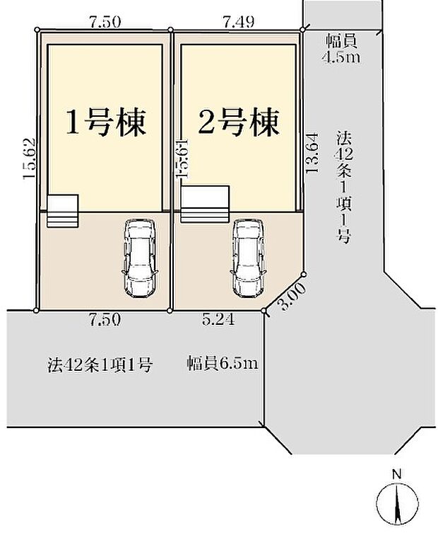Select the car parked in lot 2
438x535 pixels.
click(x=247, y=258)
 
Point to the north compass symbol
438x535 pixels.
click(x=397, y=505)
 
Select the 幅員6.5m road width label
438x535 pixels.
click(x=222, y=364)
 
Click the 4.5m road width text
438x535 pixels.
click(x=341, y=58)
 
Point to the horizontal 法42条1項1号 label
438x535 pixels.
click(x=100, y=365)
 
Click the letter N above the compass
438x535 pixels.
click(x=397, y=474)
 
